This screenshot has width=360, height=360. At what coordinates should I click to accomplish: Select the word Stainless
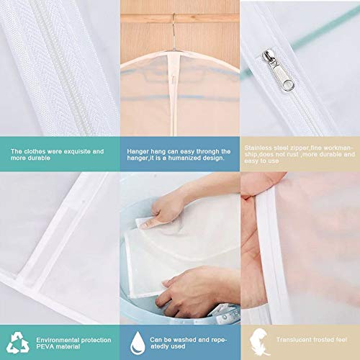pyautogui.click(x=258, y=146)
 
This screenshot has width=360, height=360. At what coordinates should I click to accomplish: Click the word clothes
pyautogui.click(x=36, y=151)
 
